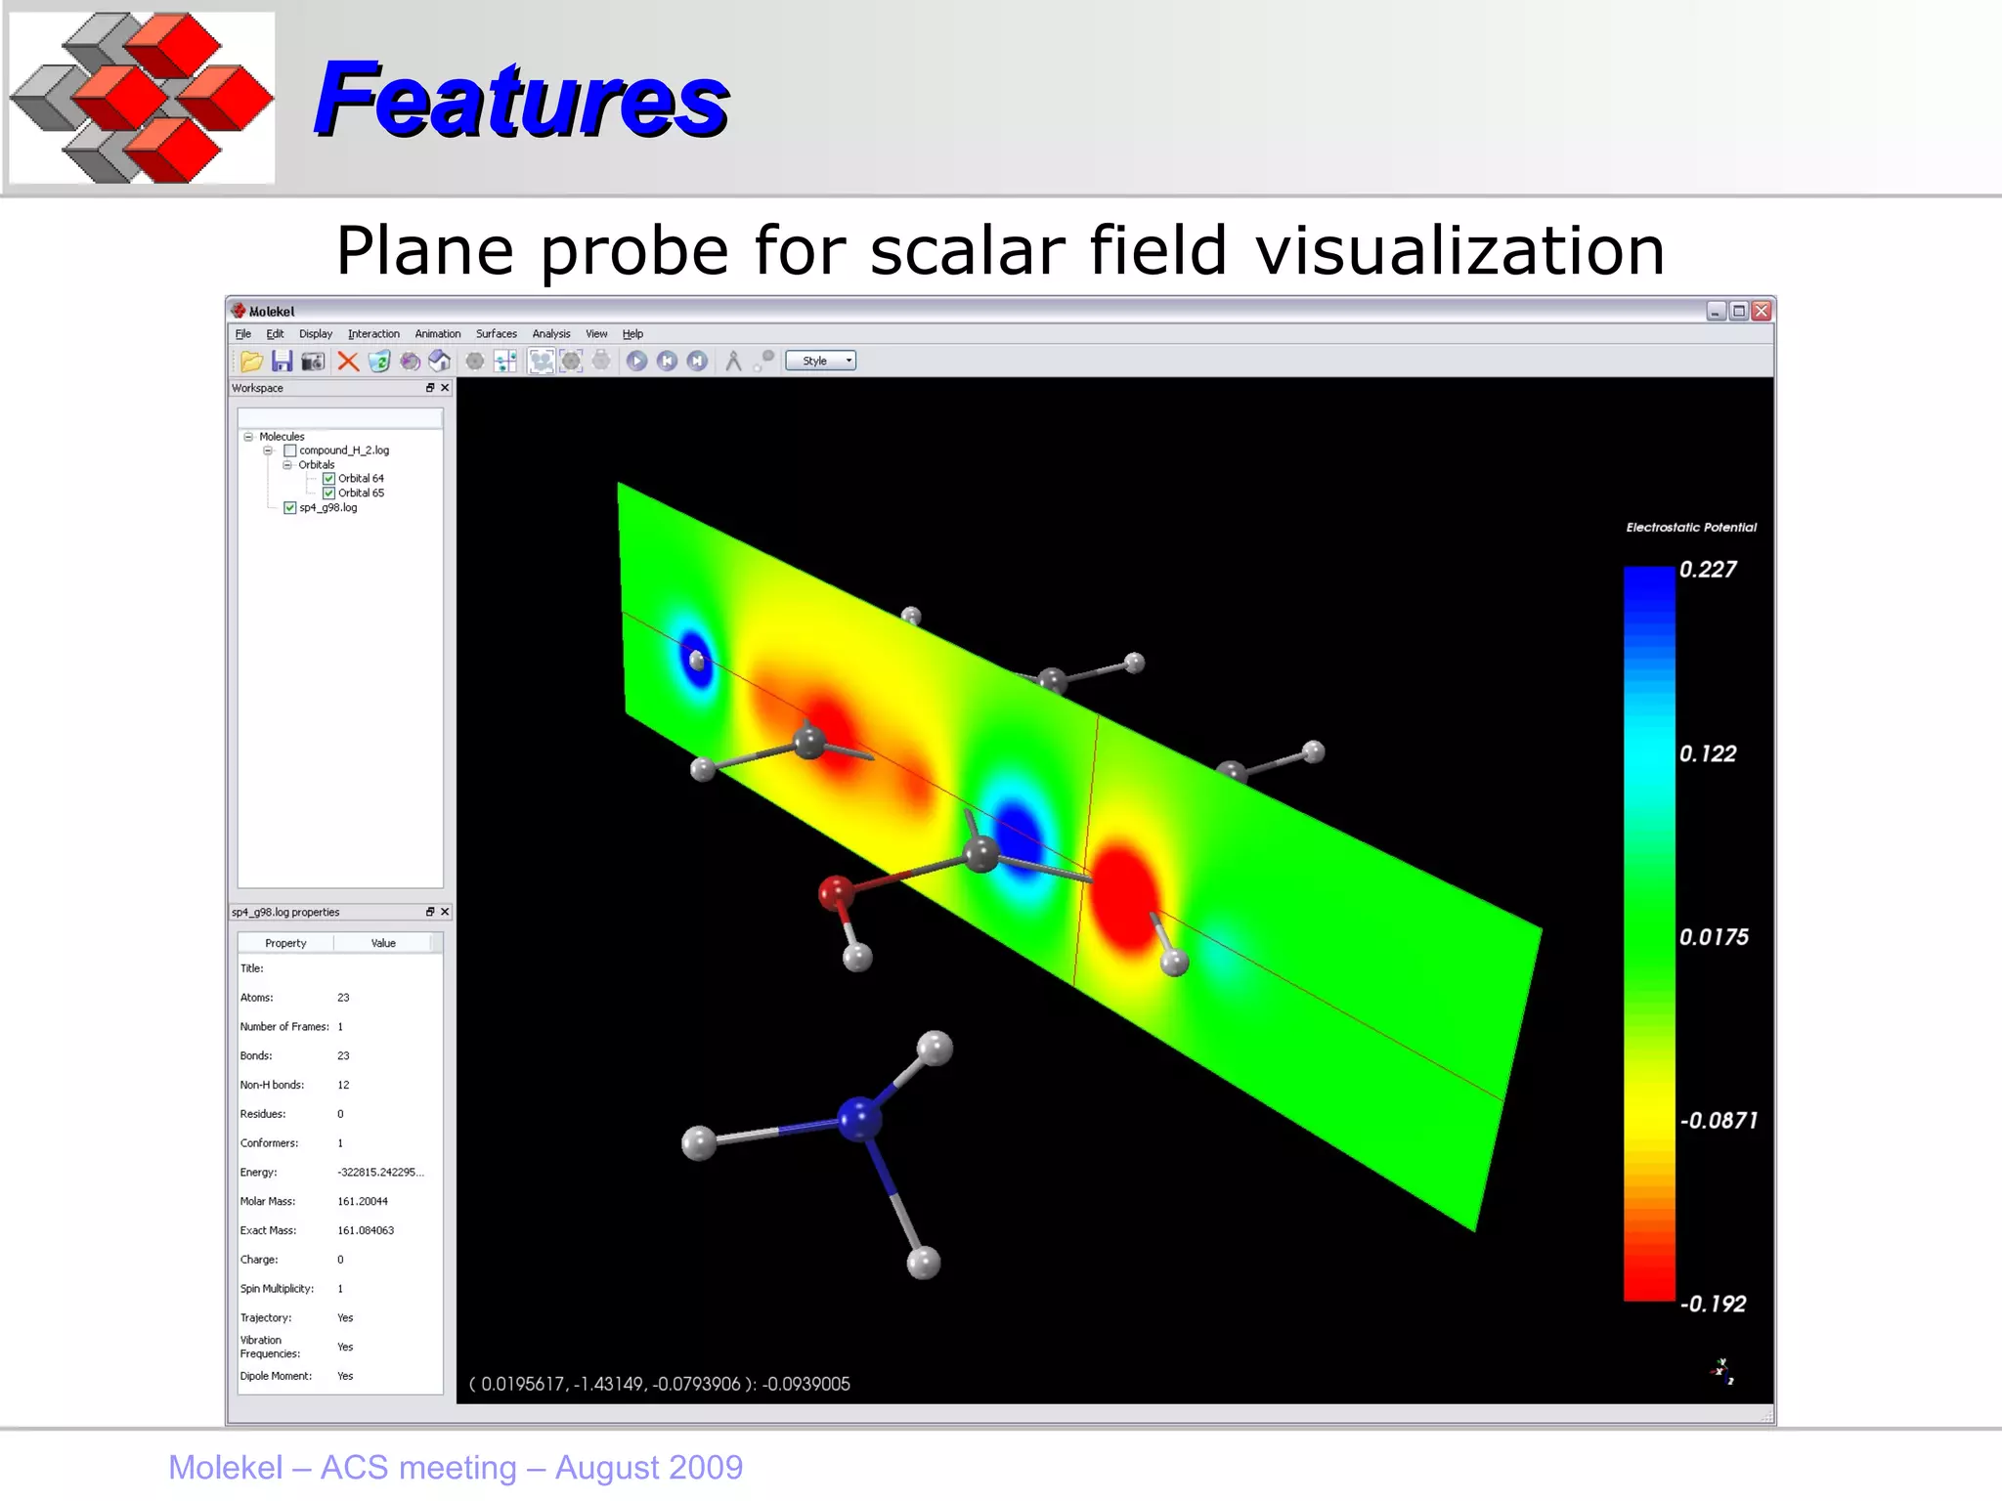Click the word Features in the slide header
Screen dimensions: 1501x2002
coord(520,100)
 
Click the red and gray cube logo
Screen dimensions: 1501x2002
coord(142,98)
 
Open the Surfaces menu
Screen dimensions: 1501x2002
coord(496,334)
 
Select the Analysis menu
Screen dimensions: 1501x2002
coord(550,334)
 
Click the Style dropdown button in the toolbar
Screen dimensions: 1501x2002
coord(820,361)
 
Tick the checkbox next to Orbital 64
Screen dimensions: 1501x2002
coord(328,479)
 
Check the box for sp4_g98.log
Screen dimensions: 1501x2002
coord(289,508)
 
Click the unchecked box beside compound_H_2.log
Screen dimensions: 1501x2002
coord(289,450)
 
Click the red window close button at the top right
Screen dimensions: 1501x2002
coord(1761,311)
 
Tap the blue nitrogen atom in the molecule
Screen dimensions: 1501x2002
coord(859,1119)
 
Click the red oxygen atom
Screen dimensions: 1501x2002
coord(835,891)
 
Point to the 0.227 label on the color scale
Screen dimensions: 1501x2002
coord(1707,570)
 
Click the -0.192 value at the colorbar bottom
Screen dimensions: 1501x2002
coord(1713,1304)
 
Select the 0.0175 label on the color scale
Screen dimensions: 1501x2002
coord(1713,937)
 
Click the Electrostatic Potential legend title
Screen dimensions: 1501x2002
coord(1690,528)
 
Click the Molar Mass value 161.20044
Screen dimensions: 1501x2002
coord(363,1202)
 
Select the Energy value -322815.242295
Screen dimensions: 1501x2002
coord(379,1173)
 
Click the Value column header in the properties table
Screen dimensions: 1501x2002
coord(383,943)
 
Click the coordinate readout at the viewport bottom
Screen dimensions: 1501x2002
coord(660,1384)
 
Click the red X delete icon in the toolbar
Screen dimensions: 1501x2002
coord(347,362)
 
